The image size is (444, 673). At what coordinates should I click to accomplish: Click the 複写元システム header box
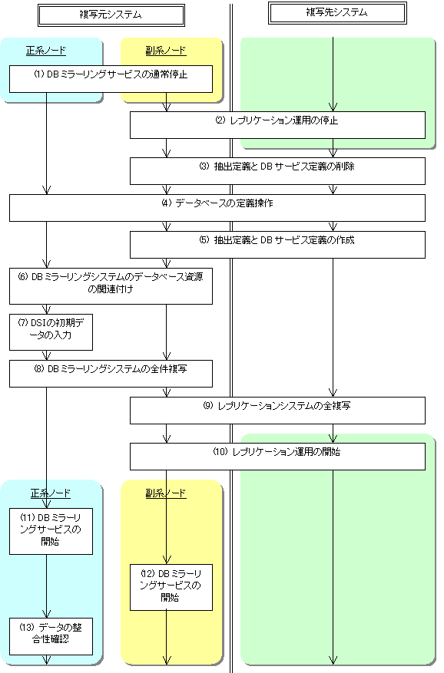click(111, 15)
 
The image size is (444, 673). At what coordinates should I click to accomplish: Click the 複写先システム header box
click(337, 13)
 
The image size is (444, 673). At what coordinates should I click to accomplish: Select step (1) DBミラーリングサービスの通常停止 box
click(111, 79)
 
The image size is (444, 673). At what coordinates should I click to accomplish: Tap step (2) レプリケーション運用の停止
click(277, 125)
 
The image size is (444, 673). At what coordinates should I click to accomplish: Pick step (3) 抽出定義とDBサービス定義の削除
click(277, 171)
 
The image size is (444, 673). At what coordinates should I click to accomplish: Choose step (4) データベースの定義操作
click(217, 208)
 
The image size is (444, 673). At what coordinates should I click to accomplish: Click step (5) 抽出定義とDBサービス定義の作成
click(277, 245)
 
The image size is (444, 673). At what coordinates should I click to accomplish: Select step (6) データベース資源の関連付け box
click(111, 286)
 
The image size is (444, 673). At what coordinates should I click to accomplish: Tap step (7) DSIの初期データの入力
click(51, 332)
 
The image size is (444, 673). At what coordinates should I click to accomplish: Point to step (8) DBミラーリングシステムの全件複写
click(111, 374)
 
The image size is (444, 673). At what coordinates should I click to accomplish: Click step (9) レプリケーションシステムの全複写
click(277, 411)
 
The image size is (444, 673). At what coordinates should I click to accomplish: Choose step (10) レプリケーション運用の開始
click(277, 457)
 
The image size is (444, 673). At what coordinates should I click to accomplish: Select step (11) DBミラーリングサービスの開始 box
click(51, 531)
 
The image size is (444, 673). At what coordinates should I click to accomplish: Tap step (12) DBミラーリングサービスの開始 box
click(171, 587)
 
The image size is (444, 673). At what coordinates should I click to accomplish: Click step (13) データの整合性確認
click(51, 636)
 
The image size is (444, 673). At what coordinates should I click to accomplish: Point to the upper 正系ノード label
click(46, 51)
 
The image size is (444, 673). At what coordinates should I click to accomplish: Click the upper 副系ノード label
click(166, 51)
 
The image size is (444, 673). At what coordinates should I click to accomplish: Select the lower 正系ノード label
click(50, 493)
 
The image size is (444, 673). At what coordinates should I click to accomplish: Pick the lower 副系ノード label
click(166, 493)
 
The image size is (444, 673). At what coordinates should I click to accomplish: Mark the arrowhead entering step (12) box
click(167, 560)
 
